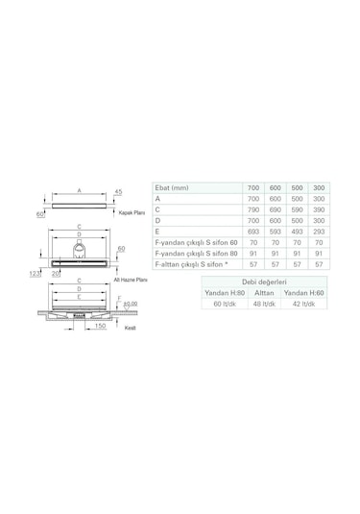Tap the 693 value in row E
(x=253, y=233)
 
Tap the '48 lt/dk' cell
(x=264, y=304)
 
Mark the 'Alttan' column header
(x=264, y=292)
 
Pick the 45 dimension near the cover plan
(x=117, y=192)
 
